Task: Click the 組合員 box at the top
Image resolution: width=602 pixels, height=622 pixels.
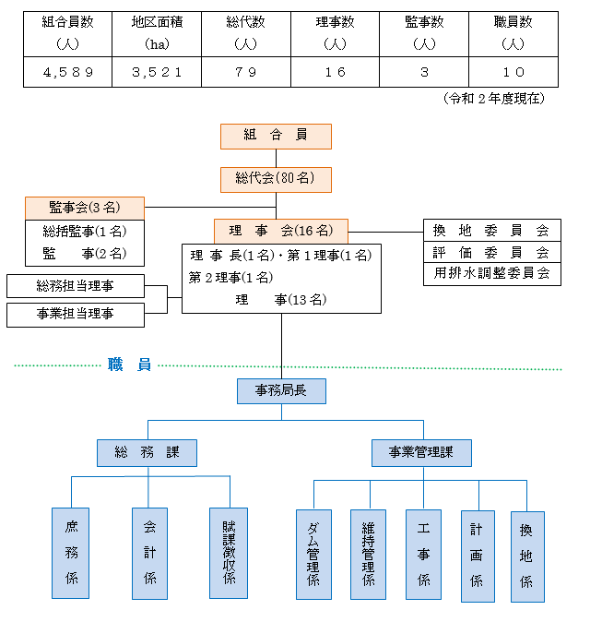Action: pos(276,136)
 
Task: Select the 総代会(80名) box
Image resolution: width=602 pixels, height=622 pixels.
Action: pos(276,179)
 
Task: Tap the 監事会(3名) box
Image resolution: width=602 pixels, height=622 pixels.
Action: pos(84,208)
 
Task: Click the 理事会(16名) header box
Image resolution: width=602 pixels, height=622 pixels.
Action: pos(281,231)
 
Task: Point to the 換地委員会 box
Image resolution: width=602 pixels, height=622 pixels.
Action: pos(491,231)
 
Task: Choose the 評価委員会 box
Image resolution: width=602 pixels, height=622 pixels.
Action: pos(491,252)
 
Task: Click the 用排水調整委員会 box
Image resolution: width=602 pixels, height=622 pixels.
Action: pos(491,273)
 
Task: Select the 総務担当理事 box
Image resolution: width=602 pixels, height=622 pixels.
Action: pos(76,286)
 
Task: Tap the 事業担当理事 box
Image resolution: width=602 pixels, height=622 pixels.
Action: pos(76,315)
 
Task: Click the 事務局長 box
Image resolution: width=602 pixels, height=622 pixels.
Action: pos(281,391)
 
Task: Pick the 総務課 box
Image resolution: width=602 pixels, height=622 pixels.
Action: pos(147,452)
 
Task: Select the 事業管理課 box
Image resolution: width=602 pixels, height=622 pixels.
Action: pos(422,452)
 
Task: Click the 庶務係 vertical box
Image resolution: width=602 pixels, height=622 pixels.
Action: pos(71,552)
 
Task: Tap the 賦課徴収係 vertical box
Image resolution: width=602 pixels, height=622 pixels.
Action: pos(228,552)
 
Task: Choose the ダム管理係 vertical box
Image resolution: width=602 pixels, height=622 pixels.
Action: pos(313,554)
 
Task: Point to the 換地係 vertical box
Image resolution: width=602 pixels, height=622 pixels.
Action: pos(527,556)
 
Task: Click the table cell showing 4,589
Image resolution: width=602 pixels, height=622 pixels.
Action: pos(68,72)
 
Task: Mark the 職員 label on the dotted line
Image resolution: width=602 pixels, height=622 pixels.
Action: pos(129,365)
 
